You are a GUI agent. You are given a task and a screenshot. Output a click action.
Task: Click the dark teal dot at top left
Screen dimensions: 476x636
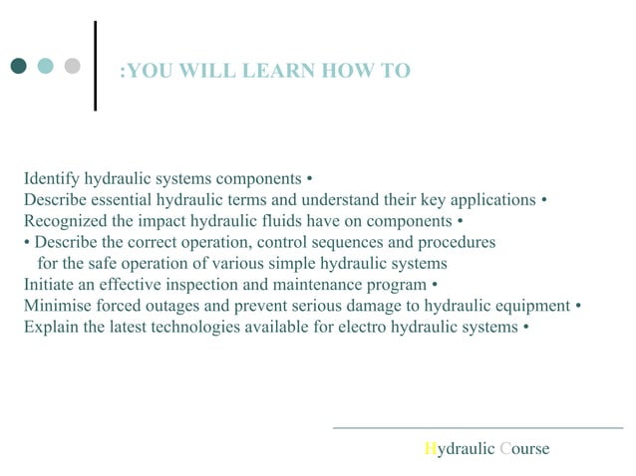click(x=18, y=67)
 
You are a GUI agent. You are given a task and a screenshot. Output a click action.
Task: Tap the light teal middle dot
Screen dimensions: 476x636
click(x=45, y=67)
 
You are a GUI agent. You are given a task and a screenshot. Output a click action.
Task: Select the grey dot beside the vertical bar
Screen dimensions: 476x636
click(x=72, y=67)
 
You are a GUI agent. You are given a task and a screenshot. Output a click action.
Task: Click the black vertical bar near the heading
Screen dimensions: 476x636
click(x=95, y=66)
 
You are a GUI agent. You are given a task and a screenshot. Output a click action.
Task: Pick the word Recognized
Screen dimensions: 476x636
click(x=67, y=221)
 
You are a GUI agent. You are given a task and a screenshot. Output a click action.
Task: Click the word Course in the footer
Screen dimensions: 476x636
click(x=524, y=449)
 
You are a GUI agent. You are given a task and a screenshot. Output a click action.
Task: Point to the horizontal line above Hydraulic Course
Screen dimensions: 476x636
click(x=477, y=428)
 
